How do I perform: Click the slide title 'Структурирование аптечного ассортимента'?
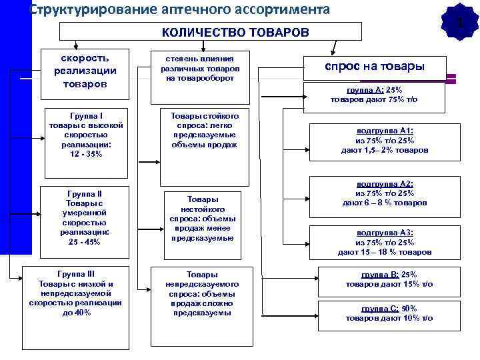(180, 9)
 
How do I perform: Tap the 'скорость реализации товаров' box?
(85, 71)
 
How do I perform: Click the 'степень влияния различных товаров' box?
(200, 69)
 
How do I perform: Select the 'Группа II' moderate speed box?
(85, 217)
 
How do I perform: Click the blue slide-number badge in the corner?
(460, 20)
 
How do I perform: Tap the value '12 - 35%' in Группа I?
(85, 154)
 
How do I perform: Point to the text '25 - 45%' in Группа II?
(85, 242)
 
